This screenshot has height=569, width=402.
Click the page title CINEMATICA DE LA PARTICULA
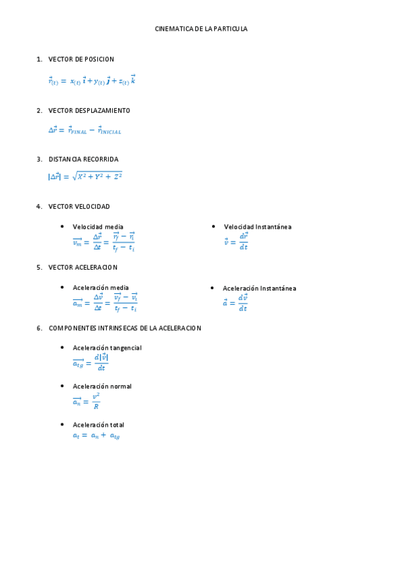201,30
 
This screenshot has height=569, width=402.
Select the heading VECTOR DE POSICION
81,60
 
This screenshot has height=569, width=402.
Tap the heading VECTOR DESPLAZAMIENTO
89,111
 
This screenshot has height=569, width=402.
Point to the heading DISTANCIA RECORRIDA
83,160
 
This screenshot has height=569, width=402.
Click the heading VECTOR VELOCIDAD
79,207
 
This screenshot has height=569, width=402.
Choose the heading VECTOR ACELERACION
83,267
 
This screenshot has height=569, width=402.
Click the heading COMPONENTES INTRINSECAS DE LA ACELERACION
125,328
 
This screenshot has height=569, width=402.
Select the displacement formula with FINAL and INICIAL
85,130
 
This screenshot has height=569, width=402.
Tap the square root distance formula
85,176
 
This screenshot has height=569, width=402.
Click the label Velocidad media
98,227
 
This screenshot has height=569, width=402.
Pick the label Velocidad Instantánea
258,227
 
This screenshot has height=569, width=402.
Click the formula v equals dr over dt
236,242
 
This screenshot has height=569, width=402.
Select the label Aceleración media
101,287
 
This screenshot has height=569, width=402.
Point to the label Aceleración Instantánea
259,289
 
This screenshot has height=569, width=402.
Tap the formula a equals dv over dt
236,303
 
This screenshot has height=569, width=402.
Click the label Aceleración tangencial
107,348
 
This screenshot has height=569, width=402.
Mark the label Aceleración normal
102,386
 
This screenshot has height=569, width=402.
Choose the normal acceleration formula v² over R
87,401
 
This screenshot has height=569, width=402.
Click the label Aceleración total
99,425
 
